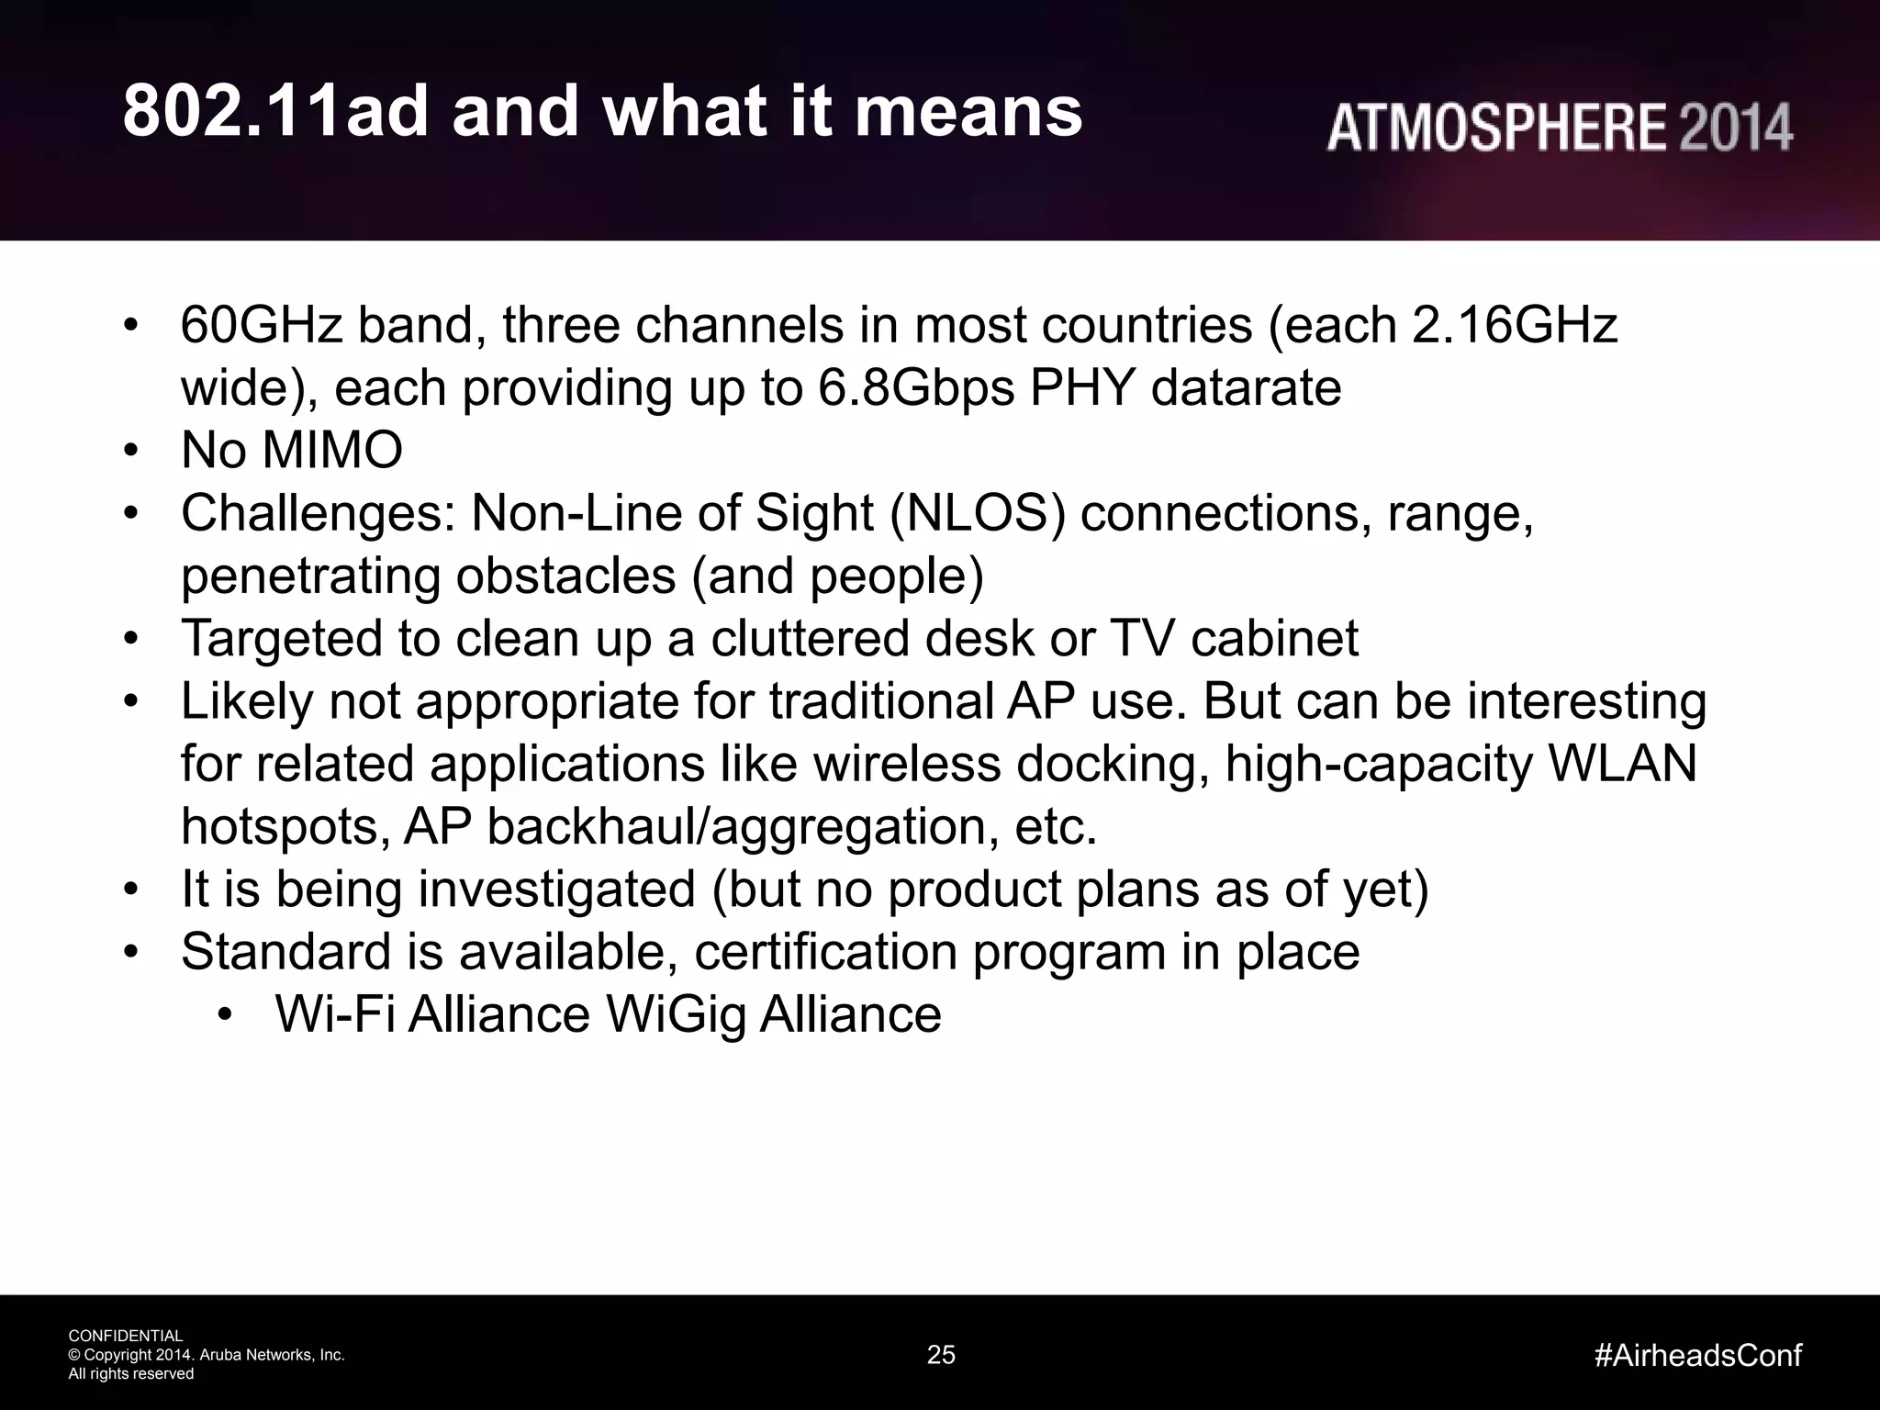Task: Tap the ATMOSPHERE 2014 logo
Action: (1559, 128)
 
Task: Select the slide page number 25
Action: (941, 1355)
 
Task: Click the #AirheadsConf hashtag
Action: (1697, 1355)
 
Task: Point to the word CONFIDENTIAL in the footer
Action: (126, 1336)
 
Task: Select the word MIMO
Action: (332, 451)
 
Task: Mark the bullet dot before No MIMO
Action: (131, 452)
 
